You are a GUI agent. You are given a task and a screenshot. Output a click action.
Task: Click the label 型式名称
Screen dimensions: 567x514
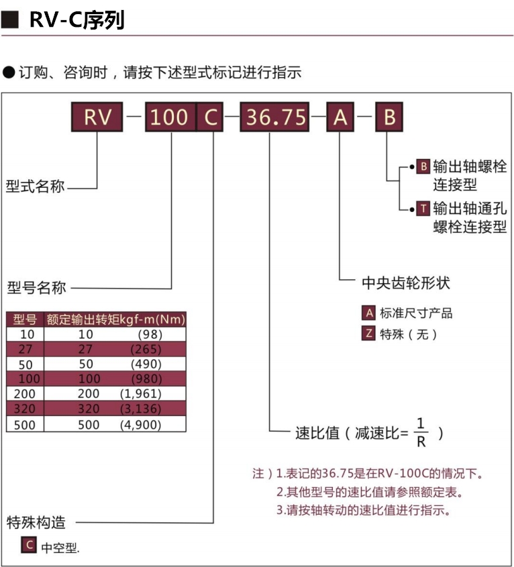(36, 187)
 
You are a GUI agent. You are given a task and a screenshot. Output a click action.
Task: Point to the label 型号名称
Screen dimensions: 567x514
(37, 289)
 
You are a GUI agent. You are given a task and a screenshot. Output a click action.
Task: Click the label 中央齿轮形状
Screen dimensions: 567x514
(405, 282)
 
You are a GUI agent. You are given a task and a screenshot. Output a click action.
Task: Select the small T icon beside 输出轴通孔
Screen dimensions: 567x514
(423, 208)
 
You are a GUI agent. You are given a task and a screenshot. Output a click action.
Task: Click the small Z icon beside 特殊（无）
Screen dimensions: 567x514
(368, 333)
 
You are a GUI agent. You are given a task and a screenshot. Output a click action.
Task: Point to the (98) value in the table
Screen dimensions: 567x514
(150, 333)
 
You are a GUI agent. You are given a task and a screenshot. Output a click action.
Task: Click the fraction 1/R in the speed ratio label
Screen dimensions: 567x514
(421, 431)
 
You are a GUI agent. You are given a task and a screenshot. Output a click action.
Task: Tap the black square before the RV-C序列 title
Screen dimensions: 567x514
(9, 21)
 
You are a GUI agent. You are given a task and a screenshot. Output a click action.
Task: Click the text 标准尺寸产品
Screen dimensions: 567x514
(416, 313)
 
